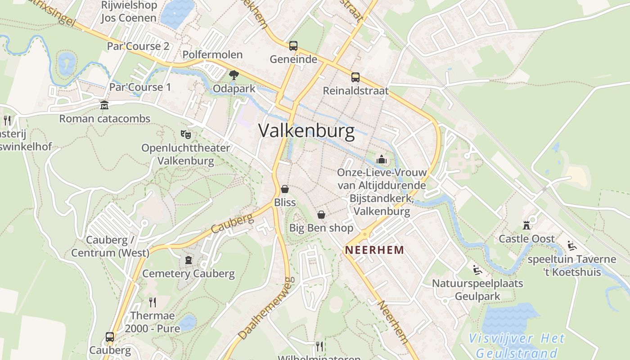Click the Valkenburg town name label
click(306, 131)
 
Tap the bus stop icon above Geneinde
click(293, 45)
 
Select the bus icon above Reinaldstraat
click(355, 77)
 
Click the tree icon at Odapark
click(234, 75)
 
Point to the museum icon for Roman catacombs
click(104, 105)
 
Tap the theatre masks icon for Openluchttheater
click(185, 134)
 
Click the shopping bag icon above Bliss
click(284, 189)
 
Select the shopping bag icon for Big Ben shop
click(321, 215)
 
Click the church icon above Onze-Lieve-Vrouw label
click(382, 159)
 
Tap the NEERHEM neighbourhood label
click(374, 250)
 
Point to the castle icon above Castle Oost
click(526, 225)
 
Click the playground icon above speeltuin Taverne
click(572, 246)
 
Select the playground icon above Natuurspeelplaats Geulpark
click(477, 270)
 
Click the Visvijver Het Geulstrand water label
click(516, 346)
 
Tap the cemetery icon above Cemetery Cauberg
click(188, 260)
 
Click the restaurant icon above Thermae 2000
click(153, 302)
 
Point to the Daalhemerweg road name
click(266, 308)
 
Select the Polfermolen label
click(212, 55)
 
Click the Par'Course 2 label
click(138, 46)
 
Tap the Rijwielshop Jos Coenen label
click(129, 12)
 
